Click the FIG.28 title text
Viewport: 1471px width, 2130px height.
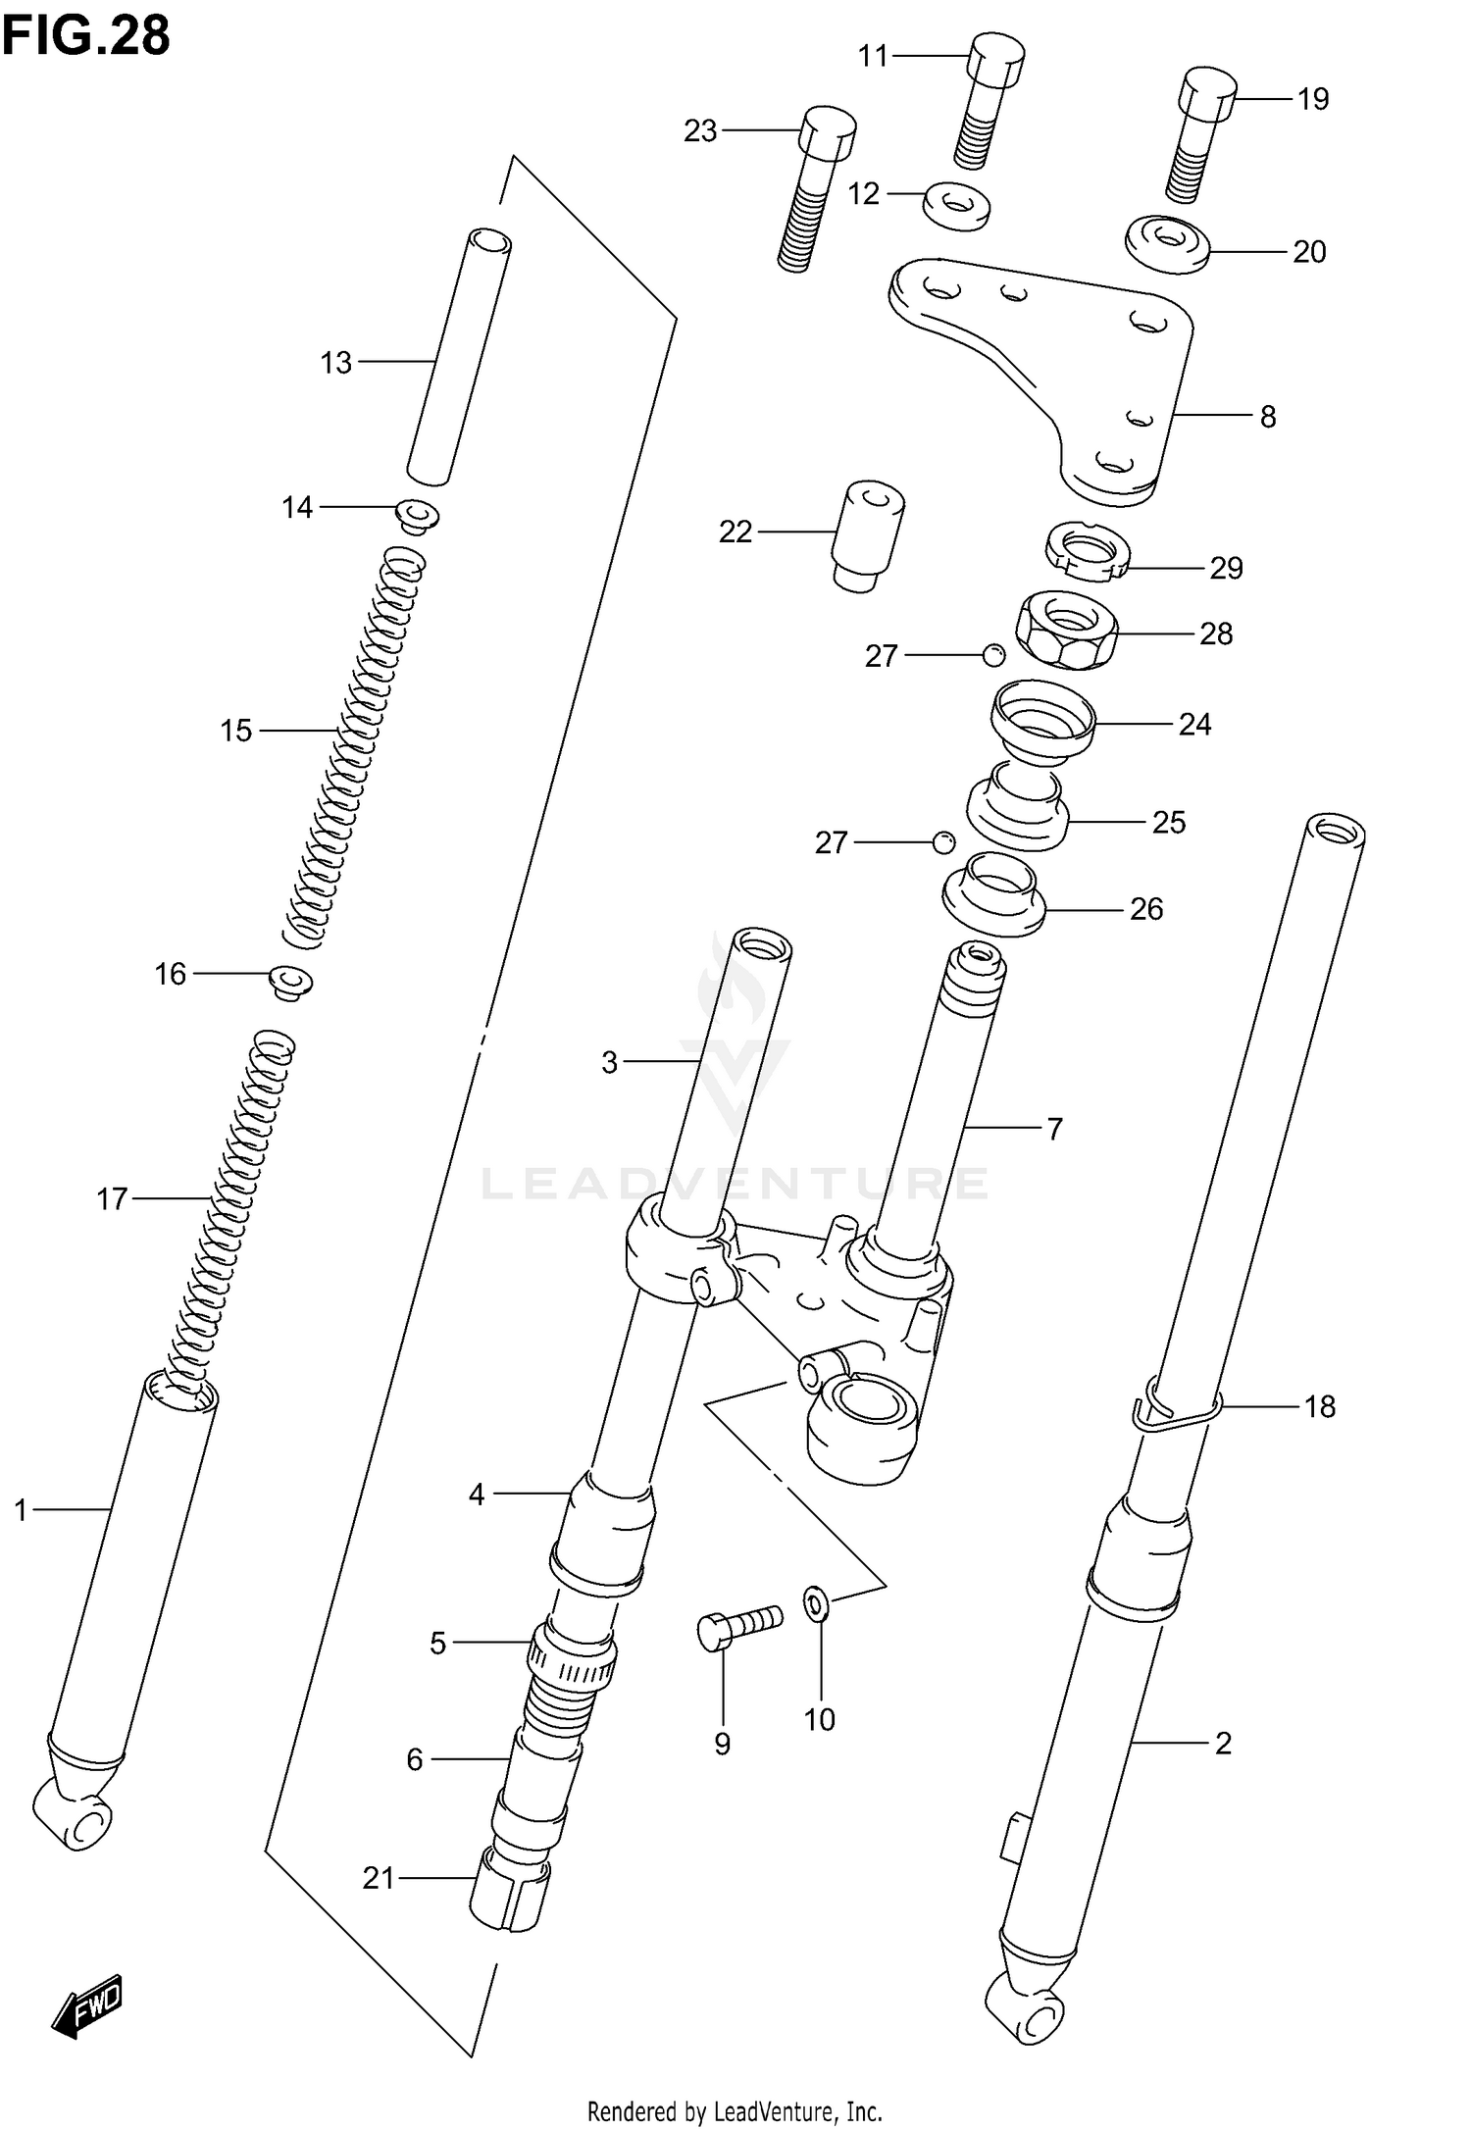click(86, 36)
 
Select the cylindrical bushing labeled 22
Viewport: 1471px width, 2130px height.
click(868, 534)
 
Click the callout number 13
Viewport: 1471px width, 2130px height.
click(335, 363)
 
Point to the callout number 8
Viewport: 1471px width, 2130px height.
click(1267, 417)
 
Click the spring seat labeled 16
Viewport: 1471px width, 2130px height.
click(291, 981)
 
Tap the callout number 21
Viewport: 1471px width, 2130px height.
click(379, 1878)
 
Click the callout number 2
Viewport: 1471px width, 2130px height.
click(1222, 1743)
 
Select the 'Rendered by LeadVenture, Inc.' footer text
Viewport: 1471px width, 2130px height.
click(735, 2110)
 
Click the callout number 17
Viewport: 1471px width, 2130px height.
click(112, 1198)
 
